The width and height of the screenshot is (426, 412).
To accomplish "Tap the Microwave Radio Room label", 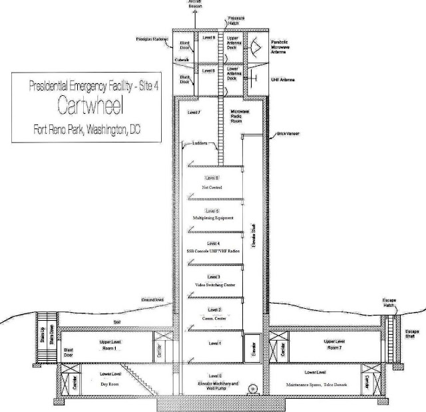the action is pos(240,114).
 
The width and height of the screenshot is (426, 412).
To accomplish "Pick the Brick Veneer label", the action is pos(288,134).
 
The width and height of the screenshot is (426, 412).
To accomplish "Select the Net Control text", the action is pos(212,188).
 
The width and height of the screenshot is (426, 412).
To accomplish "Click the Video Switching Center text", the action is pos(213,284).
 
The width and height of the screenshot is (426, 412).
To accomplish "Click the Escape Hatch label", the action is pos(388,303).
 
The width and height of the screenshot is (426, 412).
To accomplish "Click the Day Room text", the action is pos(101,384).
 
